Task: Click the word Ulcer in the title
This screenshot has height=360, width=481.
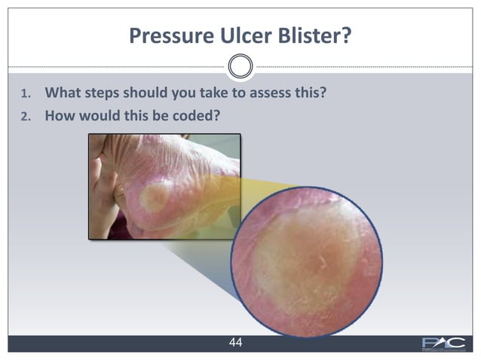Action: (x=234, y=35)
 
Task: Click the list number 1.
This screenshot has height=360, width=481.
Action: (x=25, y=96)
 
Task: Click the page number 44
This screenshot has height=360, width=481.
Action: (x=235, y=343)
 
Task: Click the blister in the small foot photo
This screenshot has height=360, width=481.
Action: (x=155, y=197)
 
